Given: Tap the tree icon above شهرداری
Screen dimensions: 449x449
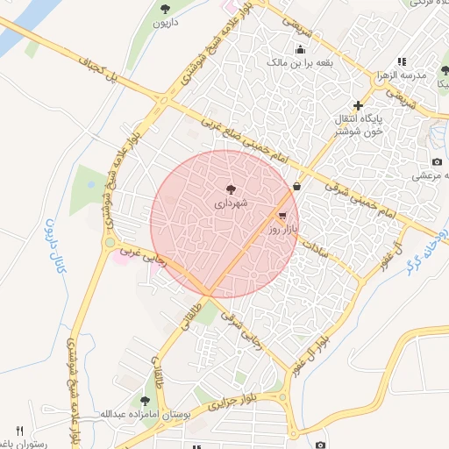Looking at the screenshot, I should pos(231,189).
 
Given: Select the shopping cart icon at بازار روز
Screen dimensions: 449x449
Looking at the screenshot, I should pos(282,215).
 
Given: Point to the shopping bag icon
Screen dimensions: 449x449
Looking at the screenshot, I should pos(297,186).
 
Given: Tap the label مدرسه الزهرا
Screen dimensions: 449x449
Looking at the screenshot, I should pos(402,75).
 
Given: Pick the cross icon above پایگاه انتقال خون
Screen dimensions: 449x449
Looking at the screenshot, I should pos(358,105).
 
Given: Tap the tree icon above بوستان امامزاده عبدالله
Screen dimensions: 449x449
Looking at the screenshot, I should pos(132,400).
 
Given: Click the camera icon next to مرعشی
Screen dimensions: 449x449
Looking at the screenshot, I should pos(437,161).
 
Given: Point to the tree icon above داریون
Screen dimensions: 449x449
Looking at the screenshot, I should pos(165,8).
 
